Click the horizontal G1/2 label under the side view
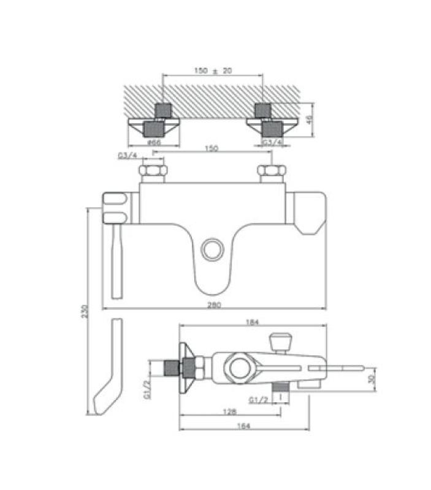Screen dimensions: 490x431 coord(257,401)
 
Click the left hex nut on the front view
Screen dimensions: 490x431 coord(153,171)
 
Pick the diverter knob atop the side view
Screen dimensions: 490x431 coord(281,341)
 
